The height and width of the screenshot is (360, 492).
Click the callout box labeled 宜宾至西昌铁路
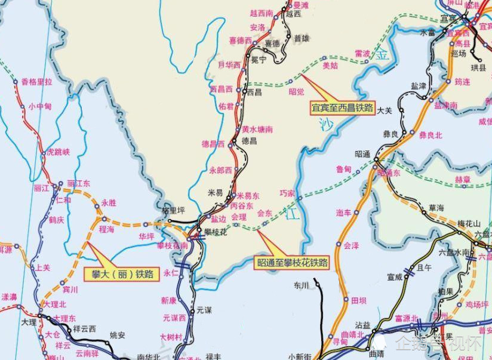pos(342,109)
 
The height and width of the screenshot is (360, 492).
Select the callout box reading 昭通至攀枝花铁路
pos(293,261)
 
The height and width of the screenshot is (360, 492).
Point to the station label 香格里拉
pos(37,82)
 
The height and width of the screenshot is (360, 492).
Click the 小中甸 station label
pos(39,106)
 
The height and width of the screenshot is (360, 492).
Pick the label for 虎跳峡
pos(59,152)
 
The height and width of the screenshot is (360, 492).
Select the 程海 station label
pos(107,228)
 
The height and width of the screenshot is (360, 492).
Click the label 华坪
pos(146,236)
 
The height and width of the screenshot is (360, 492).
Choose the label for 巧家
pos(287,193)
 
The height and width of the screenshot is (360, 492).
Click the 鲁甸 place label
pos(343,169)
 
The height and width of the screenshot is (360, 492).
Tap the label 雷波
pos(362,53)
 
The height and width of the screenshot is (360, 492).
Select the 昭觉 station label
pos(296,91)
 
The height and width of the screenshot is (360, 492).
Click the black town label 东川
pos(301,285)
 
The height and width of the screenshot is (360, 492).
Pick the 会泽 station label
pos(351,245)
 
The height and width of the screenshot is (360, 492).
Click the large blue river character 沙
pos(325,124)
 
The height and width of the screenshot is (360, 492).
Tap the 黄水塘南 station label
pos(257,129)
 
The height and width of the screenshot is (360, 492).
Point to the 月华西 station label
pos(229,64)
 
